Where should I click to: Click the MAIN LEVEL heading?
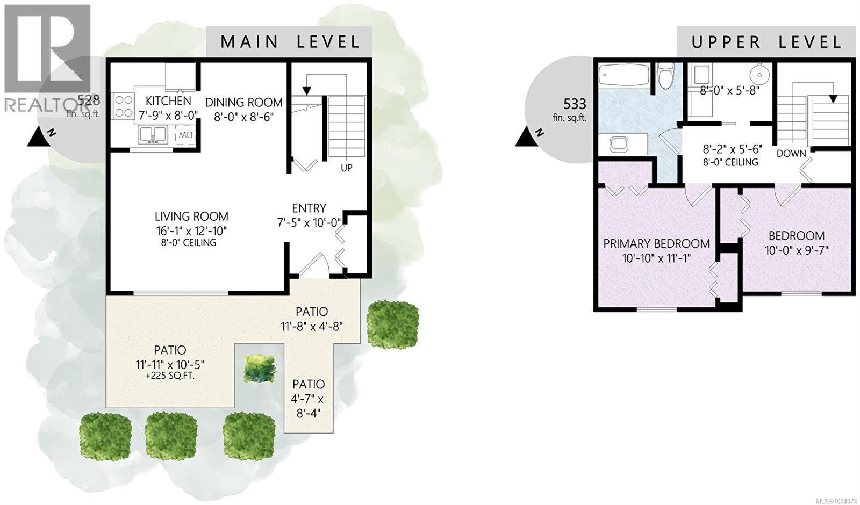coord(290,42)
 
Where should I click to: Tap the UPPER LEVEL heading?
coord(766,42)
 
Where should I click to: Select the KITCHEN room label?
coord(168,100)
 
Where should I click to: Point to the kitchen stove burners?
coord(123,106)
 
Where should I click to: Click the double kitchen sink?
coord(153,134)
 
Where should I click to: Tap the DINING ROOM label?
coord(243,102)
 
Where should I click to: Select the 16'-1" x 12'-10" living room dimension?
coord(191,231)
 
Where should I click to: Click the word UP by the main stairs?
coord(347,168)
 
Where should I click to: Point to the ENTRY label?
coord(309,208)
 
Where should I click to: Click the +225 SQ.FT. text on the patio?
coord(170,376)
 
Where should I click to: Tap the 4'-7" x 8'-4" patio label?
coord(309,407)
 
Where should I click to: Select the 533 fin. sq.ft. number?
coord(575,104)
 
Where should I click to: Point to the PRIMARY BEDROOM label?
coord(656,243)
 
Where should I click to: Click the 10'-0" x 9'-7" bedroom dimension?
coord(797,250)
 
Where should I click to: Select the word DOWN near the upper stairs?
coord(791,153)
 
